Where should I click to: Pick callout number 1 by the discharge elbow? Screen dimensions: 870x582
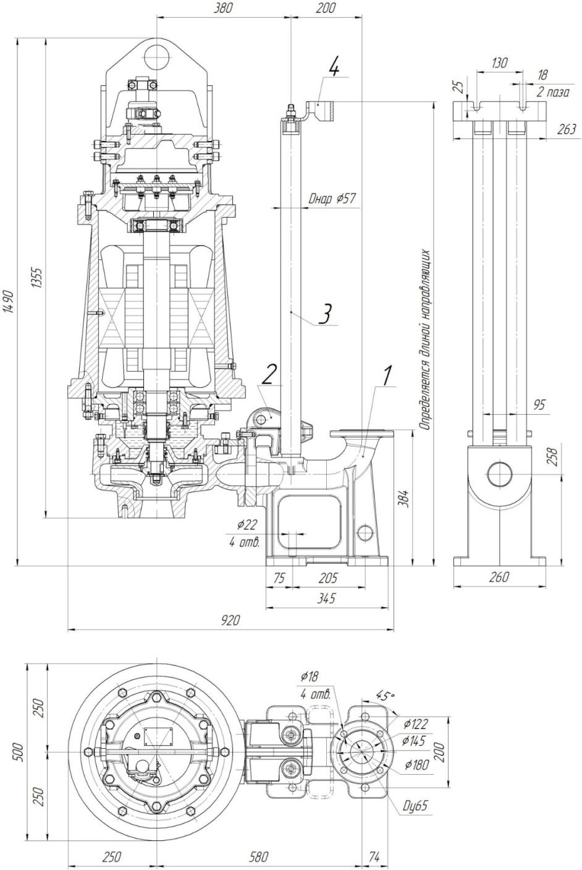(387, 375)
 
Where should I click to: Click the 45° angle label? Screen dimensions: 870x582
(385, 696)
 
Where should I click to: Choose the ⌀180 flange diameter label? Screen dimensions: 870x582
(416, 765)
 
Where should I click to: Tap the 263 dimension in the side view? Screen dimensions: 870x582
(566, 129)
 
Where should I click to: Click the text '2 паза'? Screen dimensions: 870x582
(553, 92)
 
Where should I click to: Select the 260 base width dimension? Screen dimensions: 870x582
(499, 577)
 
